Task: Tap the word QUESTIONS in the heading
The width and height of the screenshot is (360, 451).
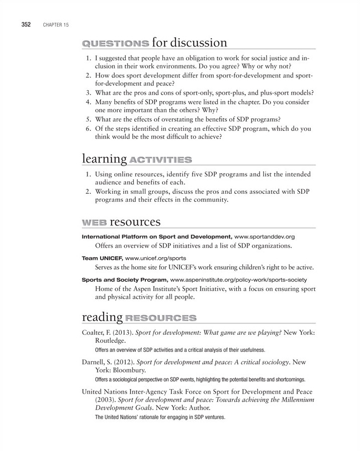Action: point(115,44)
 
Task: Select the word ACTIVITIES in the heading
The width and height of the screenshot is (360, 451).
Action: point(160,160)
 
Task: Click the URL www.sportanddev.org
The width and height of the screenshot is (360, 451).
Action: point(264,236)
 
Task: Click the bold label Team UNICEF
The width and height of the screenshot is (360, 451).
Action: point(101,258)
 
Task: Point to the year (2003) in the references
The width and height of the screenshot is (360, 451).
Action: point(105,399)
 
